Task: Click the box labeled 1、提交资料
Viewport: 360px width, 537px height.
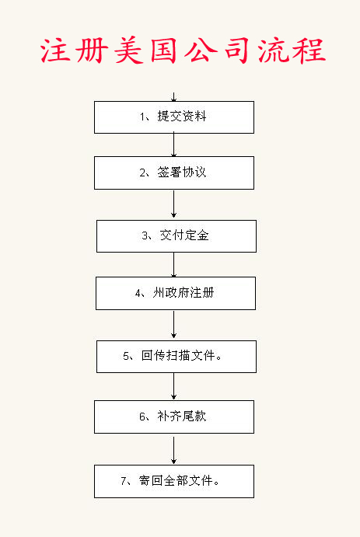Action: tap(174, 117)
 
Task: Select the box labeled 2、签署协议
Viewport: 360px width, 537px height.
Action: tap(174, 173)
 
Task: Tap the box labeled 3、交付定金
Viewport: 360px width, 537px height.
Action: tap(177, 236)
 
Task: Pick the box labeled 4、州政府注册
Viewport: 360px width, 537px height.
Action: tap(176, 294)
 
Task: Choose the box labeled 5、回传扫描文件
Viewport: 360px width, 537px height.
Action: tap(177, 357)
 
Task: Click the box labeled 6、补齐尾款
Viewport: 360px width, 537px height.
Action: tap(174, 417)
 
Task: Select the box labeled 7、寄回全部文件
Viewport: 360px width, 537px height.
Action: tap(174, 481)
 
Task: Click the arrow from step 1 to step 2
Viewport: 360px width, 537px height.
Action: tap(173, 145)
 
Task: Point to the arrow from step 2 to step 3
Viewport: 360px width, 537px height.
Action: tap(173, 204)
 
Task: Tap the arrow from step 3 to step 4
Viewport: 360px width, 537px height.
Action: tap(173, 265)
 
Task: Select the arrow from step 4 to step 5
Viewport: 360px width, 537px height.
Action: tap(173, 325)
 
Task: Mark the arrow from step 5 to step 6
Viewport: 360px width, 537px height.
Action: tap(173, 386)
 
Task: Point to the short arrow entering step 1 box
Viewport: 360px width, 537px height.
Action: tap(173, 97)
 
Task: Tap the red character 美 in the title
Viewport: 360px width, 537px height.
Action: tap(129, 51)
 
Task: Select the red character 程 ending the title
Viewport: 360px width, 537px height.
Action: tap(310, 51)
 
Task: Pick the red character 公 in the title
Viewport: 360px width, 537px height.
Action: tap(201, 51)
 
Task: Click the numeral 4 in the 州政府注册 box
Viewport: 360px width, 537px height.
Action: tap(138, 294)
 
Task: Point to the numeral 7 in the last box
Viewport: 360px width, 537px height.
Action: tap(124, 481)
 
